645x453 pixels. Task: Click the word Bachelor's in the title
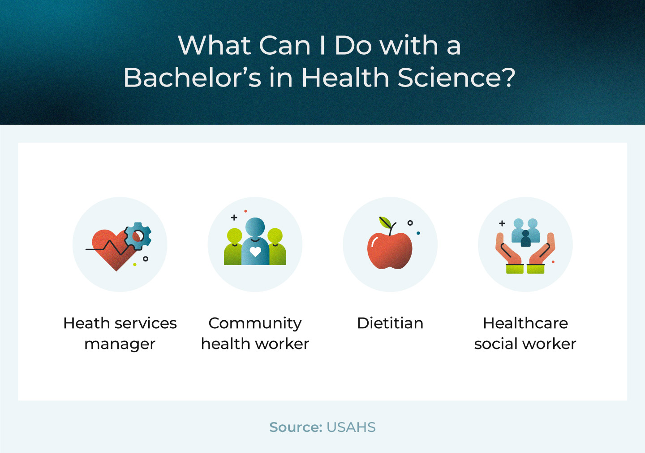point(192,77)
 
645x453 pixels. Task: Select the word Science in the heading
point(449,77)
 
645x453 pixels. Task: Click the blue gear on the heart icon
point(138,236)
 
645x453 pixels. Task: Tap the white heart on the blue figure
point(255,252)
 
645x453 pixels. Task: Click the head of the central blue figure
point(255,227)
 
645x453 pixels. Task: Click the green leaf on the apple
point(385,222)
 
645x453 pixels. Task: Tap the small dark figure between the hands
point(525,239)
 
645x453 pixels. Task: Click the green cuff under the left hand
point(515,269)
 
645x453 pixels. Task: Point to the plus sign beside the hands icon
point(502,223)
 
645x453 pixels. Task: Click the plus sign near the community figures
point(234,218)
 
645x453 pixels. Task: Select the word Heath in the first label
point(87,323)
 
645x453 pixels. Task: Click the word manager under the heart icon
point(120,344)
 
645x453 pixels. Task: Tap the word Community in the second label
point(255,323)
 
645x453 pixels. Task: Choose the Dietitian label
point(390,323)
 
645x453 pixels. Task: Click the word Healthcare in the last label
point(525,323)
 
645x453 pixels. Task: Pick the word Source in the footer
point(296,427)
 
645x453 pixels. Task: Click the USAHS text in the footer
point(351,427)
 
